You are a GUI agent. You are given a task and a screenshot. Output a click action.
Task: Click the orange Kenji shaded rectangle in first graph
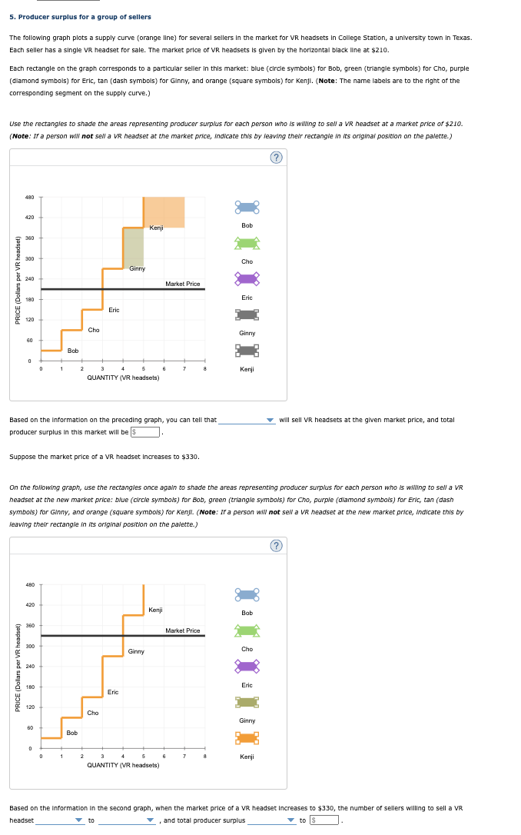pyautogui.click(x=164, y=211)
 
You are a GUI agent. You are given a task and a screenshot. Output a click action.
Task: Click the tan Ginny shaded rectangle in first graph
pyautogui.click(x=133, y=248)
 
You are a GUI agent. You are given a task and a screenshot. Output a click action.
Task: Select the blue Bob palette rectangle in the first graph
pyautogui.click(x=247, y=208)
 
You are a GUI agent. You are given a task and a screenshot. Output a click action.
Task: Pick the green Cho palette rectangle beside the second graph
pyautogui.click(x=247, y=630)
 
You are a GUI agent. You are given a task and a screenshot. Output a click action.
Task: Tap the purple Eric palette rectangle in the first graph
pyautogui.click(x=247, y=278)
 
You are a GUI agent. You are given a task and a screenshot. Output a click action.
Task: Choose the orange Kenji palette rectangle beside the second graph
pyautogui.click(x=247, y=738)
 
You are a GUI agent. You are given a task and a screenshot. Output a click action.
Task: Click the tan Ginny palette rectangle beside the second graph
pyautogui.click(x=247, y=702)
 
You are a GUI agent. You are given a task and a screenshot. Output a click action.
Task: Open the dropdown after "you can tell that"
pyautogui.click(x=247, y=421)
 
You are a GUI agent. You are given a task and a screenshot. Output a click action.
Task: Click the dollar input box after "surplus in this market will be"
pyautogui.click(x=146, y=432)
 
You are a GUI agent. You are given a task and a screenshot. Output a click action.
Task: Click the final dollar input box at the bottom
pyautogui.click(x=328, y=820)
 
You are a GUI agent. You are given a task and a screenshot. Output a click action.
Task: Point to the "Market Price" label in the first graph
pyautogui.click(x=183, y=284)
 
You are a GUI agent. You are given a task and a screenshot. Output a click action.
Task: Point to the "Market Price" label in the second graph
pyautogui.click(x=183, y=630)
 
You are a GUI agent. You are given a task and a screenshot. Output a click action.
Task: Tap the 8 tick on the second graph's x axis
pyautogui.click(x=204, y=756)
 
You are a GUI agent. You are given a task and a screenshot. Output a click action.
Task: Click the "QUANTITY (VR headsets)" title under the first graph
pyautogui.click(x=123, y=378)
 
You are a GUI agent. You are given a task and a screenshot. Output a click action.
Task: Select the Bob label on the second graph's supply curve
pyautogui.click(x=71, y=734)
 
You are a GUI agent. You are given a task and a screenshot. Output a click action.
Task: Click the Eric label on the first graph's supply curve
pyautogui.click(x=114, y=310)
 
